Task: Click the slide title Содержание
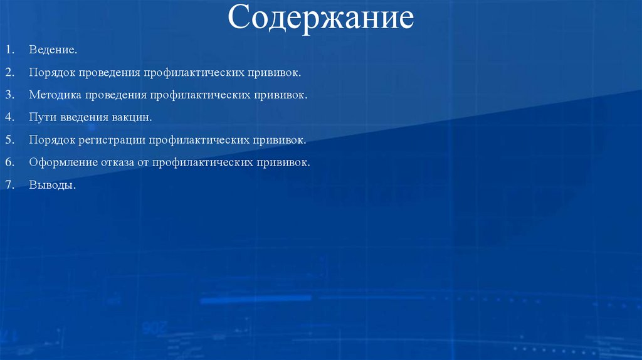pyautogui.click(x=320, y=19)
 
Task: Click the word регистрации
pyautogui.click(x=111, y=140)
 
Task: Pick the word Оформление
pyautogui.click(x=62, y=162)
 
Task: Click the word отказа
pyautogui.click(x=117, y=162)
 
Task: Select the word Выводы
pyautogui.click(x=51, y=185)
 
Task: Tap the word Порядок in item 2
pyautogui.click(x=51, y=72)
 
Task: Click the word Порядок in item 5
pyautogui.click(x=51, y=140)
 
